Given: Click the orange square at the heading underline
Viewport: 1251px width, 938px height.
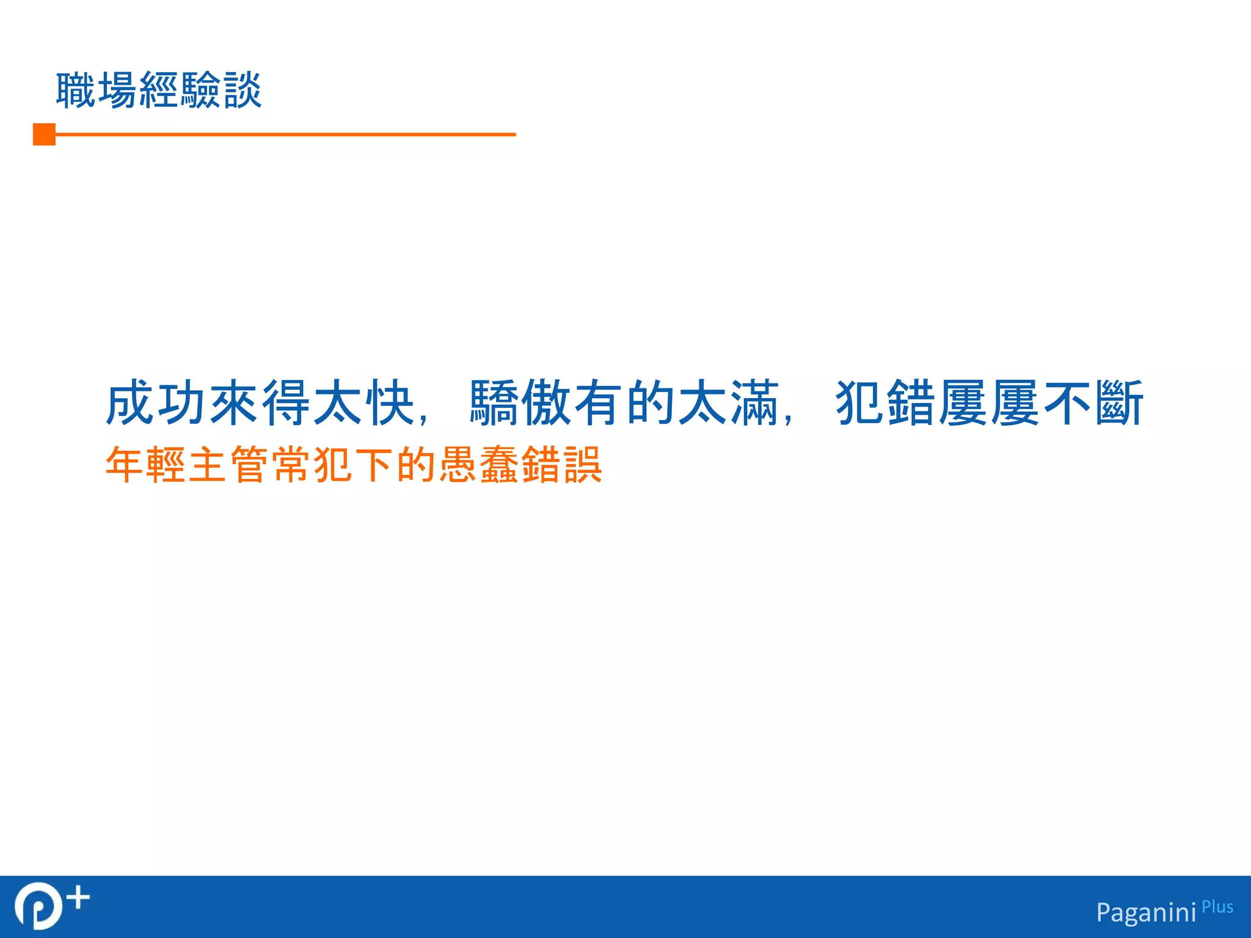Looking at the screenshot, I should [44, 134].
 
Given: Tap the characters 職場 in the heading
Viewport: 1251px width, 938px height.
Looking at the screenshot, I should [97, 90].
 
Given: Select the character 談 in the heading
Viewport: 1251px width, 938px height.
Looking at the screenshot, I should [243, 90].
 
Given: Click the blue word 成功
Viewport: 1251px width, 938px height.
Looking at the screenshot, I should [156, 403].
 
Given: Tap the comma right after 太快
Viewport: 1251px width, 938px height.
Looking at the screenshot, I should [423, 418].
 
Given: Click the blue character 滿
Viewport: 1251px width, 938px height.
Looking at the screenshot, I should [755, 403].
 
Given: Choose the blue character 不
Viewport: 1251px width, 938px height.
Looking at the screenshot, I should [1067, 403].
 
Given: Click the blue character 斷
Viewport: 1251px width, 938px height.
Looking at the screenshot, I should [1119, 403].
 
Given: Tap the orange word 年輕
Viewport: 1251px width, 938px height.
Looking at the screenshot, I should [147, 465].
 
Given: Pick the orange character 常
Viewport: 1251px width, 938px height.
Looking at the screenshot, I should [292, 465].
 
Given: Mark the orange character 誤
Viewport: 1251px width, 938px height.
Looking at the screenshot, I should [583, 465].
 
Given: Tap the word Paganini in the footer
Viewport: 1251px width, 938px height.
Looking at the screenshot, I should [1146, 912].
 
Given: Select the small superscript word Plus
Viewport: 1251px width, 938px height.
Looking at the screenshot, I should [1217, 907].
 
